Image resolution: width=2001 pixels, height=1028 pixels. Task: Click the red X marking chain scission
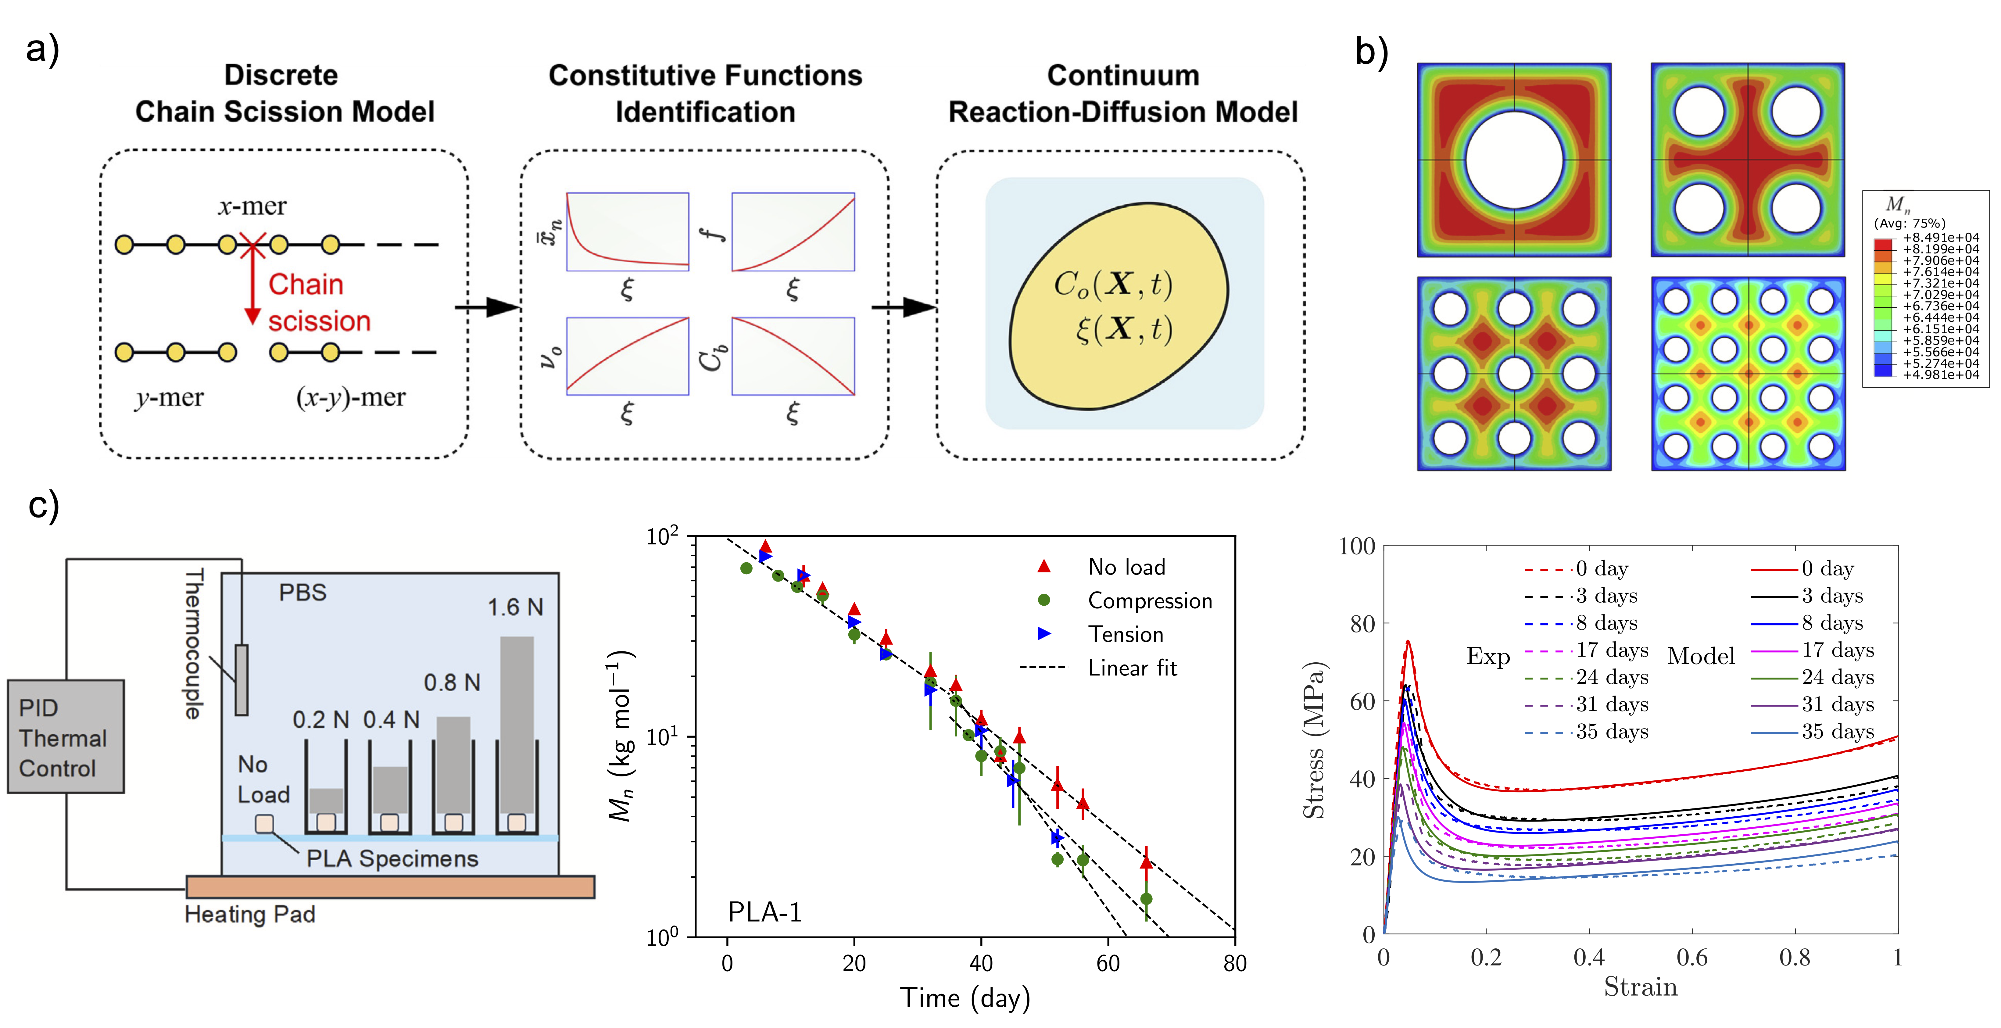[252, 245]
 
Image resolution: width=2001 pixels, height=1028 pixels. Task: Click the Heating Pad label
[250, 915]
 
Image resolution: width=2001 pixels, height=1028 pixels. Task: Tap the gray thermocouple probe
[242, 680]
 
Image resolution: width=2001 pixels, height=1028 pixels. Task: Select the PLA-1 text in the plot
[764, 912]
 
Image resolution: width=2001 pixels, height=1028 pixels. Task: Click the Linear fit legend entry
[1132, 668]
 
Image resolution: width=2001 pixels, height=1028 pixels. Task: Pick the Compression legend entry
[1150, 601]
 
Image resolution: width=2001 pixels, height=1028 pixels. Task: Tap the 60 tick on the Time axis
[1108, 964]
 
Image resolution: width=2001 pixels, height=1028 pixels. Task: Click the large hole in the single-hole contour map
[1514, 159]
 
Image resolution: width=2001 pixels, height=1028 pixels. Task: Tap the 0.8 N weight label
[452, 683]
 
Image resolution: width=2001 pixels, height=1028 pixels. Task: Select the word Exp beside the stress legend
[1487, 657]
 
